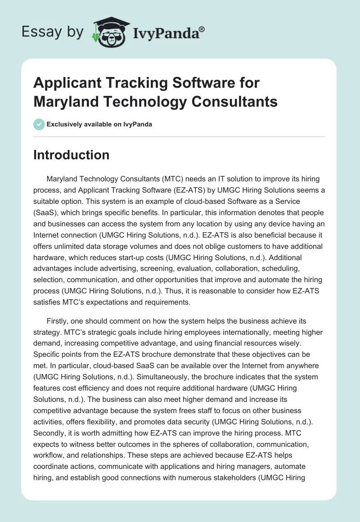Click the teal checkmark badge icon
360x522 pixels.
pyautogui.click(x=39, y=124)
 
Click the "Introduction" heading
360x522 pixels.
pyautogui.click(x=71, y=155)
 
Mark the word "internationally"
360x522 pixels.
pyautogui.click(x=226, y=333)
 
